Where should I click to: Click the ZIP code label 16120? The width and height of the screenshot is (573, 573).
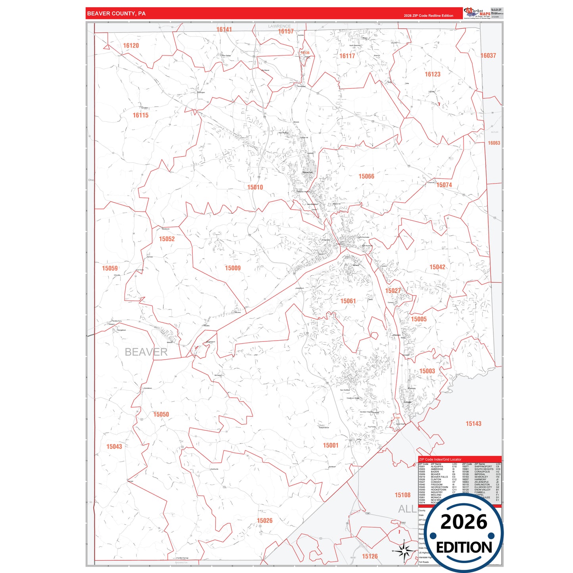(x=131, y=46)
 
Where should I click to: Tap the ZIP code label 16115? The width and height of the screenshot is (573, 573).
(x=140, y=115)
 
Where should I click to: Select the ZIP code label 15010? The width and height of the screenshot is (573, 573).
(x=255, y=187)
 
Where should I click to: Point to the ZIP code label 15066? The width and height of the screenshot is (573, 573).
(x=366, y=176)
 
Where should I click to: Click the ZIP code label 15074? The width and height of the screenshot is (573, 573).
(x=444, y=185)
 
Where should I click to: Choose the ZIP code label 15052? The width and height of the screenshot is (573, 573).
(x=167, y=239)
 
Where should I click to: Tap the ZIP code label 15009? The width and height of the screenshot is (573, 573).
(x=233, y=268)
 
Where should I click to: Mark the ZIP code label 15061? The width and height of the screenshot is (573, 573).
(x=348, y=301)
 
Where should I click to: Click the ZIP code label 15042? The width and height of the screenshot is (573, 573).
(x=437, y=267)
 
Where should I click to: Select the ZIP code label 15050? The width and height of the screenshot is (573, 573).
(x=161, y=414)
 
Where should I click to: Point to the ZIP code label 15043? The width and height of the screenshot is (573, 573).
(x=114, y=447)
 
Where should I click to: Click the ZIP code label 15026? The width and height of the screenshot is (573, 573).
(x=264, y=521)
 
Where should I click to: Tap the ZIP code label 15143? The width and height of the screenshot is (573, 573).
(x=473, y=424)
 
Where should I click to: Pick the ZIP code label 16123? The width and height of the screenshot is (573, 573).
(x=432, y=74)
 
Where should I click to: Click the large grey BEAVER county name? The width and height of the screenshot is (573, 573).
(x=146, y=352)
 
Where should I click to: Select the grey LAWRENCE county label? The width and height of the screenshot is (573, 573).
(x=279, y=26)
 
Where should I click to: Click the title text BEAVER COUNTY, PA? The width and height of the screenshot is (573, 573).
(x=116, y=13)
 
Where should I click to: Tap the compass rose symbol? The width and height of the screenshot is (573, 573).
(x=404, y=550)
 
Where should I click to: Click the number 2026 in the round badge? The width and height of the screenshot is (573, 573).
(x=464, y=522)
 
